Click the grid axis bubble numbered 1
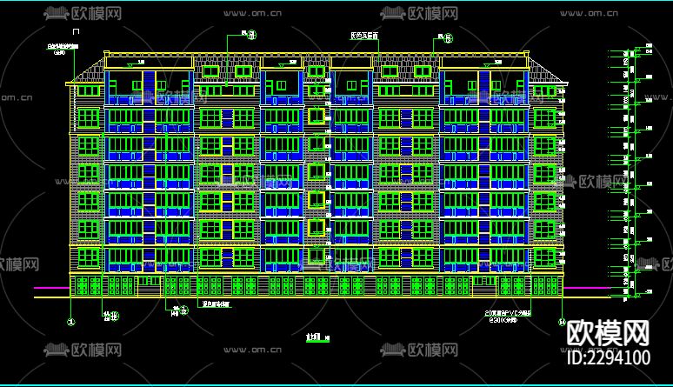71,321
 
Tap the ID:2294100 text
609,357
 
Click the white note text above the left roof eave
61,49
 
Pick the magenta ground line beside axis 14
591,288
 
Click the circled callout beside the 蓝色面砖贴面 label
183,309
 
